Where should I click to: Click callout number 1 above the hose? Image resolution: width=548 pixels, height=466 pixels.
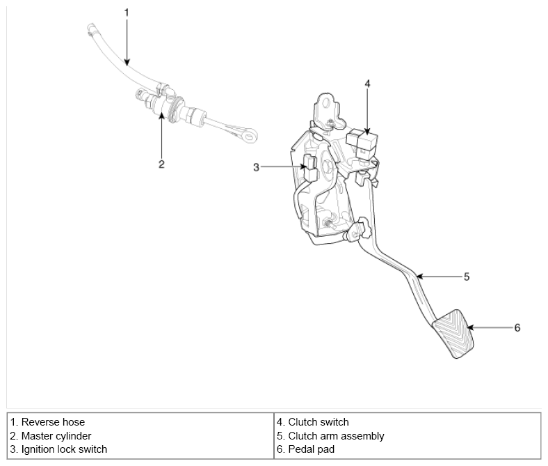(x=127, y=13)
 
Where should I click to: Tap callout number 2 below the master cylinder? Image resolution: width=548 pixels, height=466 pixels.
(x=161, y=164)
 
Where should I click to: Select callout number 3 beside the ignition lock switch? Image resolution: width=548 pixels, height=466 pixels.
(x=256, y=167)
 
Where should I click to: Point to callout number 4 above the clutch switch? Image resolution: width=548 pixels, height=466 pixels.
(x=367, y=84)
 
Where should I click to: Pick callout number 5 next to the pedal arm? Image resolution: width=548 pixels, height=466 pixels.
(x=467, y=277)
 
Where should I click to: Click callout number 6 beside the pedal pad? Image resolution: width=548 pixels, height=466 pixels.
(x=517, y=327)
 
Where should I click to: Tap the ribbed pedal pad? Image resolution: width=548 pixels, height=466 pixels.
(x=453, y=334)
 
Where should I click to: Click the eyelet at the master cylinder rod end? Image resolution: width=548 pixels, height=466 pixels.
(x=250, y=136)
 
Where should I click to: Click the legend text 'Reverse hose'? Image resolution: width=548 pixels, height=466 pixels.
(x=53, y=422)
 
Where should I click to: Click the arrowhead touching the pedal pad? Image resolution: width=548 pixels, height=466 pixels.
(x=470, y=327)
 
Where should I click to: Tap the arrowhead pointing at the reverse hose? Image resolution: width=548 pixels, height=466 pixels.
(x=127, y=62)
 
